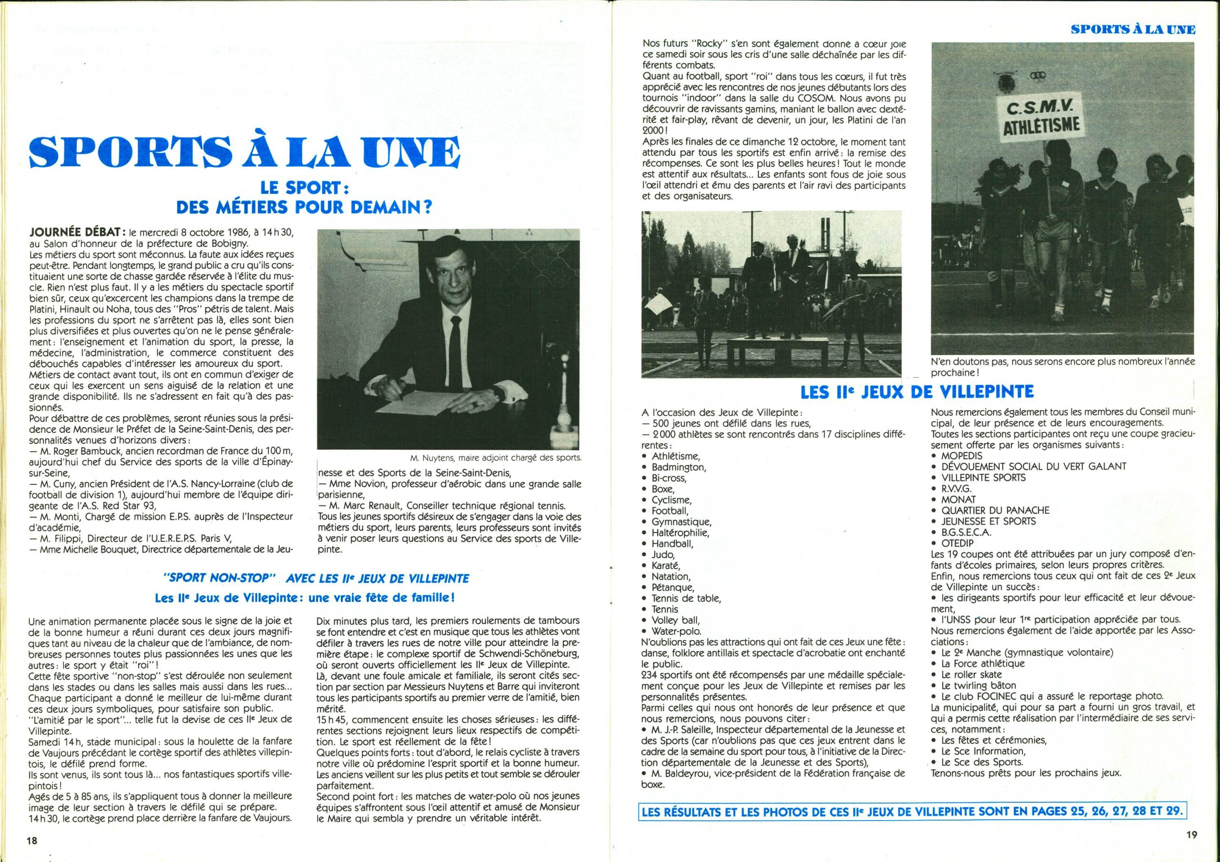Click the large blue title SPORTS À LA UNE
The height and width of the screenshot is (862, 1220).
pyautogui.click(x=244, y=152)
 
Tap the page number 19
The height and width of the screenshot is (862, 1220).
pyautogui.click(x=1191, y=834)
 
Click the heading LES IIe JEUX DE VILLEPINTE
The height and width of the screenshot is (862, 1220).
pyautogui.click(x=917, y=392)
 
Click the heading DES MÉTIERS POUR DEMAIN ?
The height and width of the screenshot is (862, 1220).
pyautogui.click(x=304, y=207)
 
